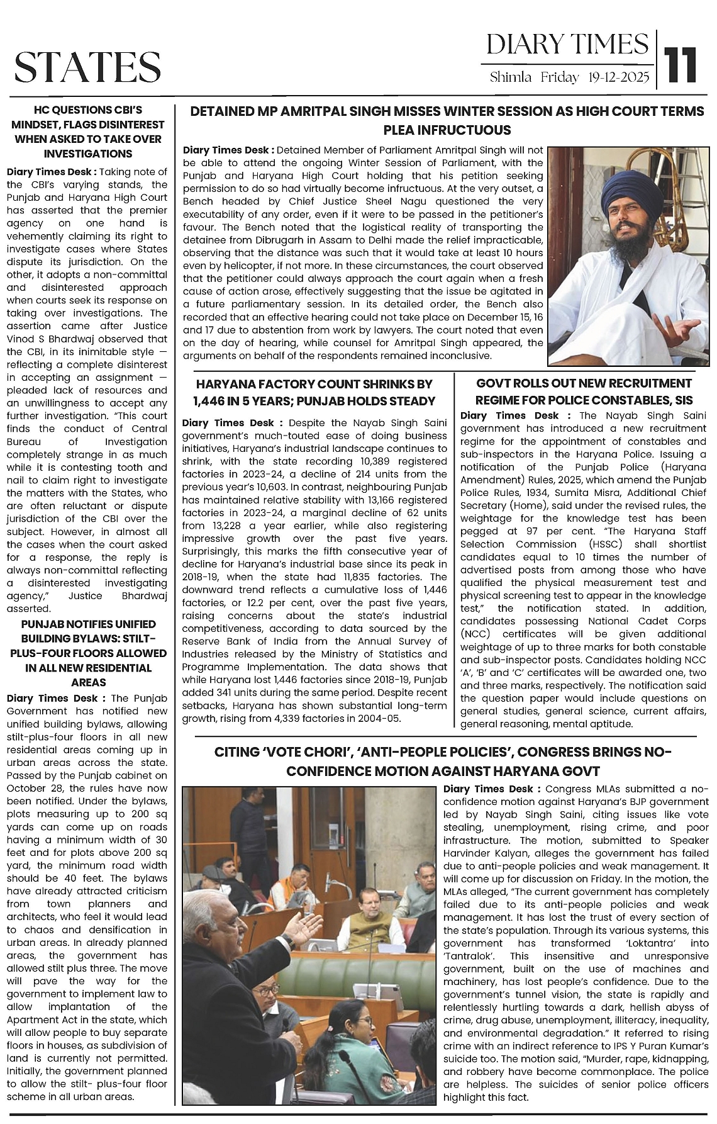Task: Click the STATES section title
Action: coord(87,67)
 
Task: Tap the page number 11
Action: coord(682,65)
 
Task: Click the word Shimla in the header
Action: coord(511,77)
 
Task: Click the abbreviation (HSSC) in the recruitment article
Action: coord(612,544)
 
